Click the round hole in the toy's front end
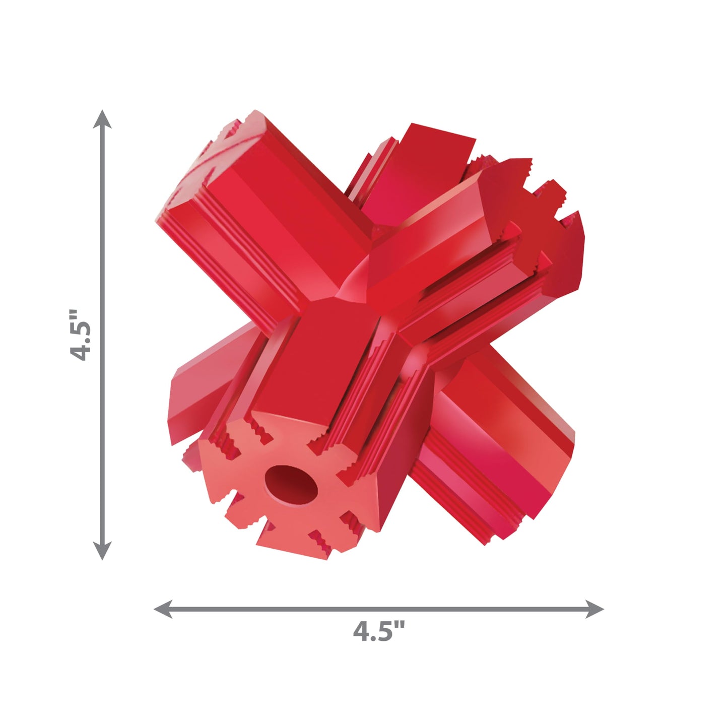coord(291,485)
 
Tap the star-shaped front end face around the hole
coord(287,487)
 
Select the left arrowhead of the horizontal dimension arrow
coord(164,609)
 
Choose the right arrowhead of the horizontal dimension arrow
coord(594,609)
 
